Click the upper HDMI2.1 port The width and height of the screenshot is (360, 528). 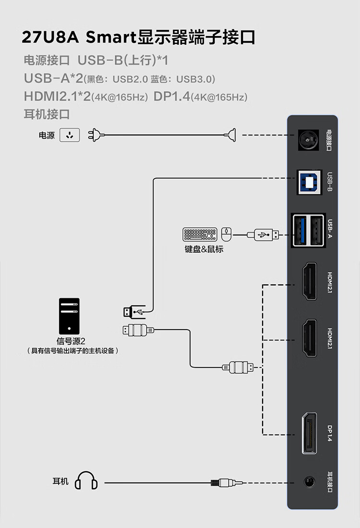(308, 282)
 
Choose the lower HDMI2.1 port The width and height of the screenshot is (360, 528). (308, 338)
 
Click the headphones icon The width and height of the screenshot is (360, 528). (86, 481)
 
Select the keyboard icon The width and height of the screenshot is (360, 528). (200, 234)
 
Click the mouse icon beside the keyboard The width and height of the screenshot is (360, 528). (226, 234)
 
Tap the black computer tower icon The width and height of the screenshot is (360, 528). (69, 316)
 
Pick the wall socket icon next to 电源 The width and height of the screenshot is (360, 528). (70, 135)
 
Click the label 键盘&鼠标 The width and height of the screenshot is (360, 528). (204, 249)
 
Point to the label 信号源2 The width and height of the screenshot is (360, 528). (71, 341)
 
